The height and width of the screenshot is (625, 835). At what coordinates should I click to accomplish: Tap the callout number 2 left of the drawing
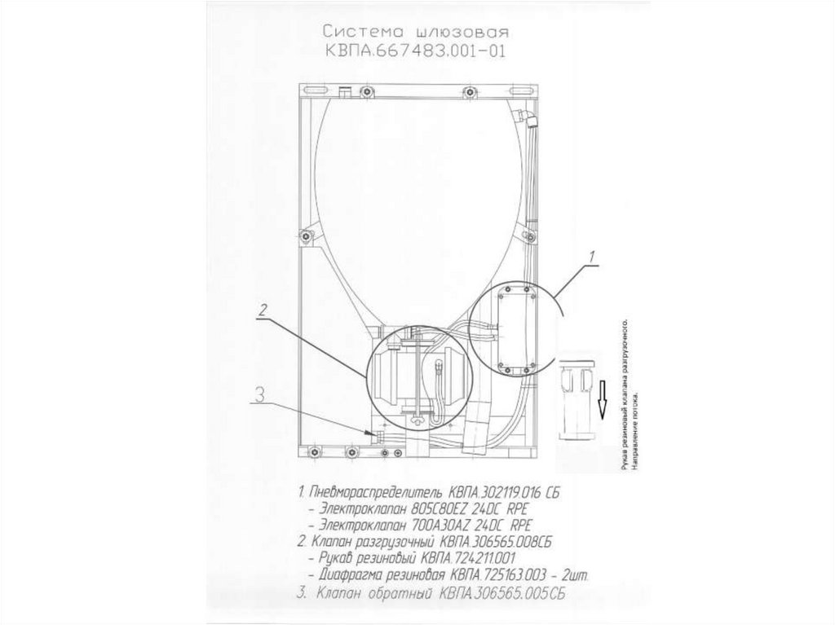coord(263,310)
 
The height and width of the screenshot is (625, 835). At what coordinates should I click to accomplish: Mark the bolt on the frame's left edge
coord(307,237)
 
